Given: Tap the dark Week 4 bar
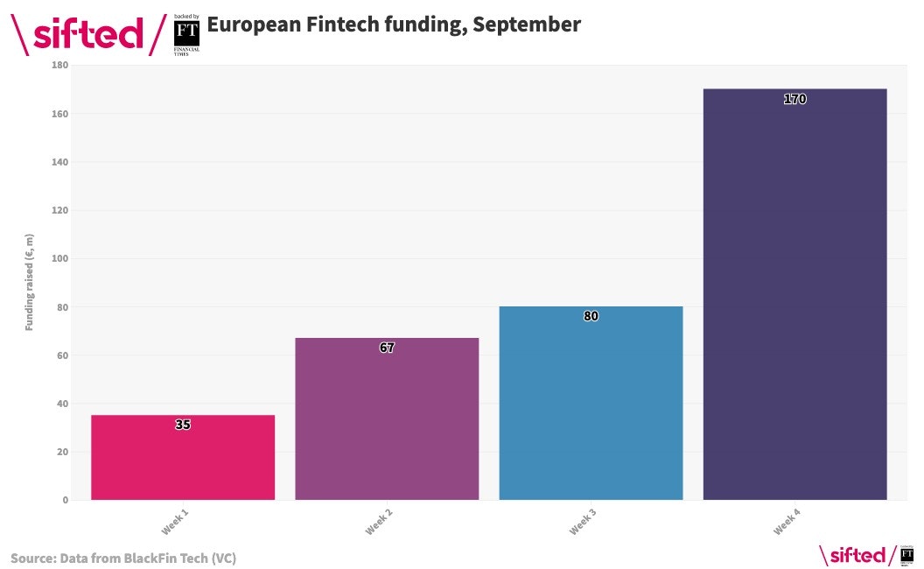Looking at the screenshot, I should [794, 298].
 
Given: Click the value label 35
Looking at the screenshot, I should [183, 425].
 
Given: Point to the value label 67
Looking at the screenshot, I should [387, 348].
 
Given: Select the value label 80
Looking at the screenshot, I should [591, 316].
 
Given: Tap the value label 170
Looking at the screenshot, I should [794, 99].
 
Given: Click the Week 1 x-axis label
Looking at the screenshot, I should [175, 523].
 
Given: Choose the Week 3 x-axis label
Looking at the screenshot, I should [583, 523].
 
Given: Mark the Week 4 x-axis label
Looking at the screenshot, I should [787, 523].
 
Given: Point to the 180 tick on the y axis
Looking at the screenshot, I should [60, 66].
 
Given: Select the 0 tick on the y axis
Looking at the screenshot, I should [65, 501].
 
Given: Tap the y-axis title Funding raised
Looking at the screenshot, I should [29, 282].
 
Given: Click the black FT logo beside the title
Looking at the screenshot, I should [186, 33].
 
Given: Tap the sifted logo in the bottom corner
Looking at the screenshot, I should [852, 555].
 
